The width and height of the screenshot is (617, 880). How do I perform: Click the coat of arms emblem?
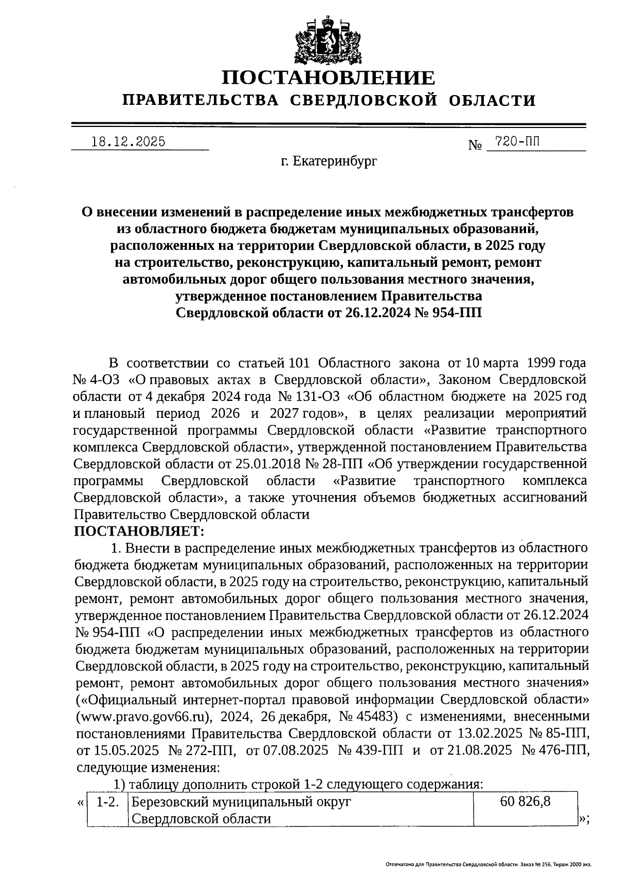pos(327,40)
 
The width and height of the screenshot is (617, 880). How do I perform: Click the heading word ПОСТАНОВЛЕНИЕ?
pos(329,78)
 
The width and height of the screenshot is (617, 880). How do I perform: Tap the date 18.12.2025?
pos(128,141)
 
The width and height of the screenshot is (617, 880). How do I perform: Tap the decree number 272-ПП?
pos(203,750)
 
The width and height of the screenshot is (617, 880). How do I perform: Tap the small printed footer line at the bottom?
pos(488,866)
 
